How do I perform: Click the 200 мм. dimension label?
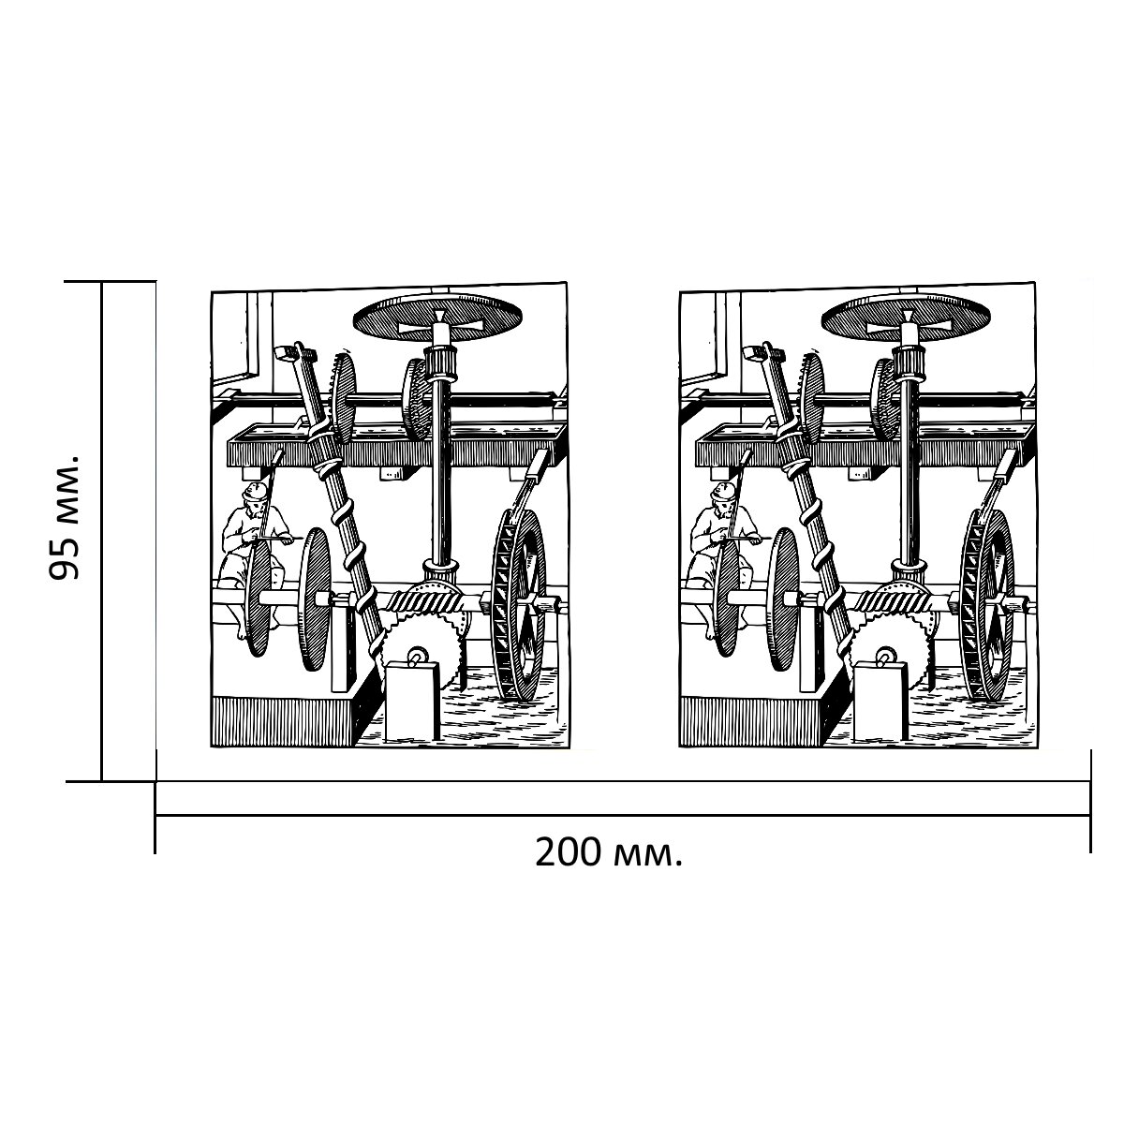click(x=609, y=852)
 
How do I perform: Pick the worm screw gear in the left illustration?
click(x=421, y=600)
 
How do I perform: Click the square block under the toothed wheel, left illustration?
click(x=410, y=702)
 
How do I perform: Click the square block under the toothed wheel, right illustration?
click(x=879, y=702)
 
